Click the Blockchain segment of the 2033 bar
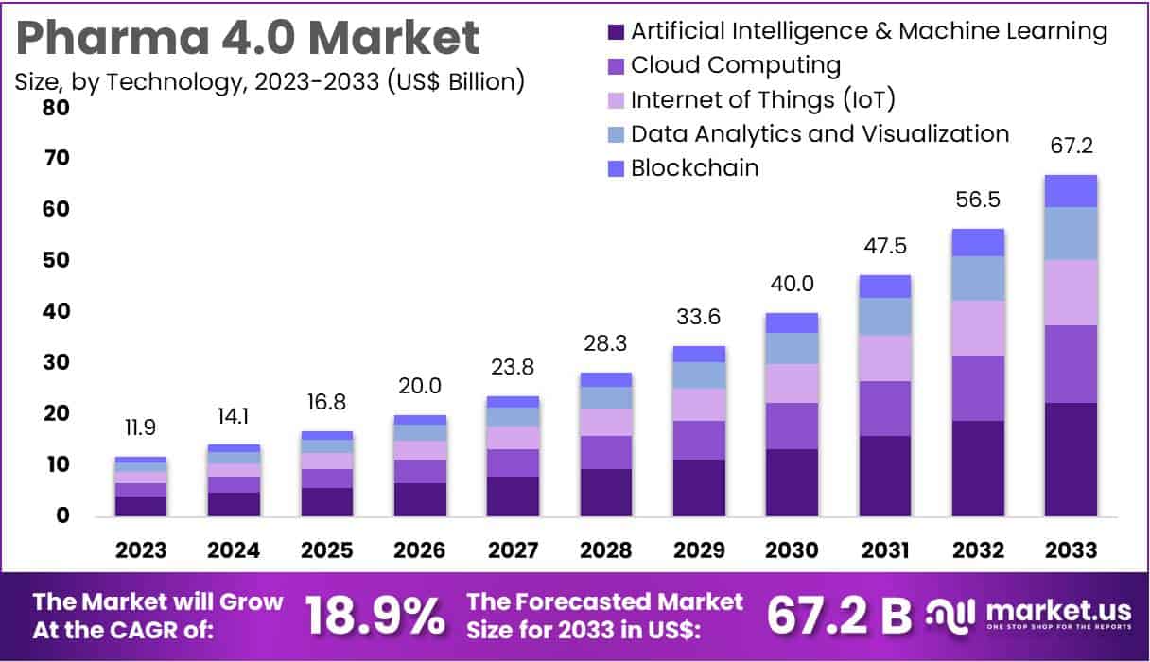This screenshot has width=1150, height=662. click(1071, 191)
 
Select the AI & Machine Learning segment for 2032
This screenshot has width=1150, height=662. click(978, 468)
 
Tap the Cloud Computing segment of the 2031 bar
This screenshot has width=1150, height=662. click(885, 409)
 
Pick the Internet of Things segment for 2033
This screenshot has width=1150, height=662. click(1071, 292)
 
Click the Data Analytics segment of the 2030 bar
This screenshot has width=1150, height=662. click(793, 348)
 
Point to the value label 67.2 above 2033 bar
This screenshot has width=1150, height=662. click(1071, 147)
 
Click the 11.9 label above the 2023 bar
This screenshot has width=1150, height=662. click(141, 427)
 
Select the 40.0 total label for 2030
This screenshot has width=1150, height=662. click(793, 284)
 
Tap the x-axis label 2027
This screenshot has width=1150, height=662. click(513, 550)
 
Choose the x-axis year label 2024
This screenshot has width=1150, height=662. click(234, 550)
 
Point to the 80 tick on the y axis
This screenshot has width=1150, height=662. click(56, 108)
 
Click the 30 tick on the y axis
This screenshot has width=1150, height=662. click(56, 363)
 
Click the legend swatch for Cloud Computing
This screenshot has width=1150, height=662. click(616, 66)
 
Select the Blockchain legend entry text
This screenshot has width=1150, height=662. click(694, 168)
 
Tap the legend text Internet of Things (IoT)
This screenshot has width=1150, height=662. click(762, 100)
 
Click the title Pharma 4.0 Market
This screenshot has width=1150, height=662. click(248, 38)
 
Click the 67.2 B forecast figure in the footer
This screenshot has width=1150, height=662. click(839, 617)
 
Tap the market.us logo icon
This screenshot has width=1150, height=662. click(949, 617)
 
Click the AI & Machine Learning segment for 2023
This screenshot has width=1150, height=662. click(141, 506)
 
